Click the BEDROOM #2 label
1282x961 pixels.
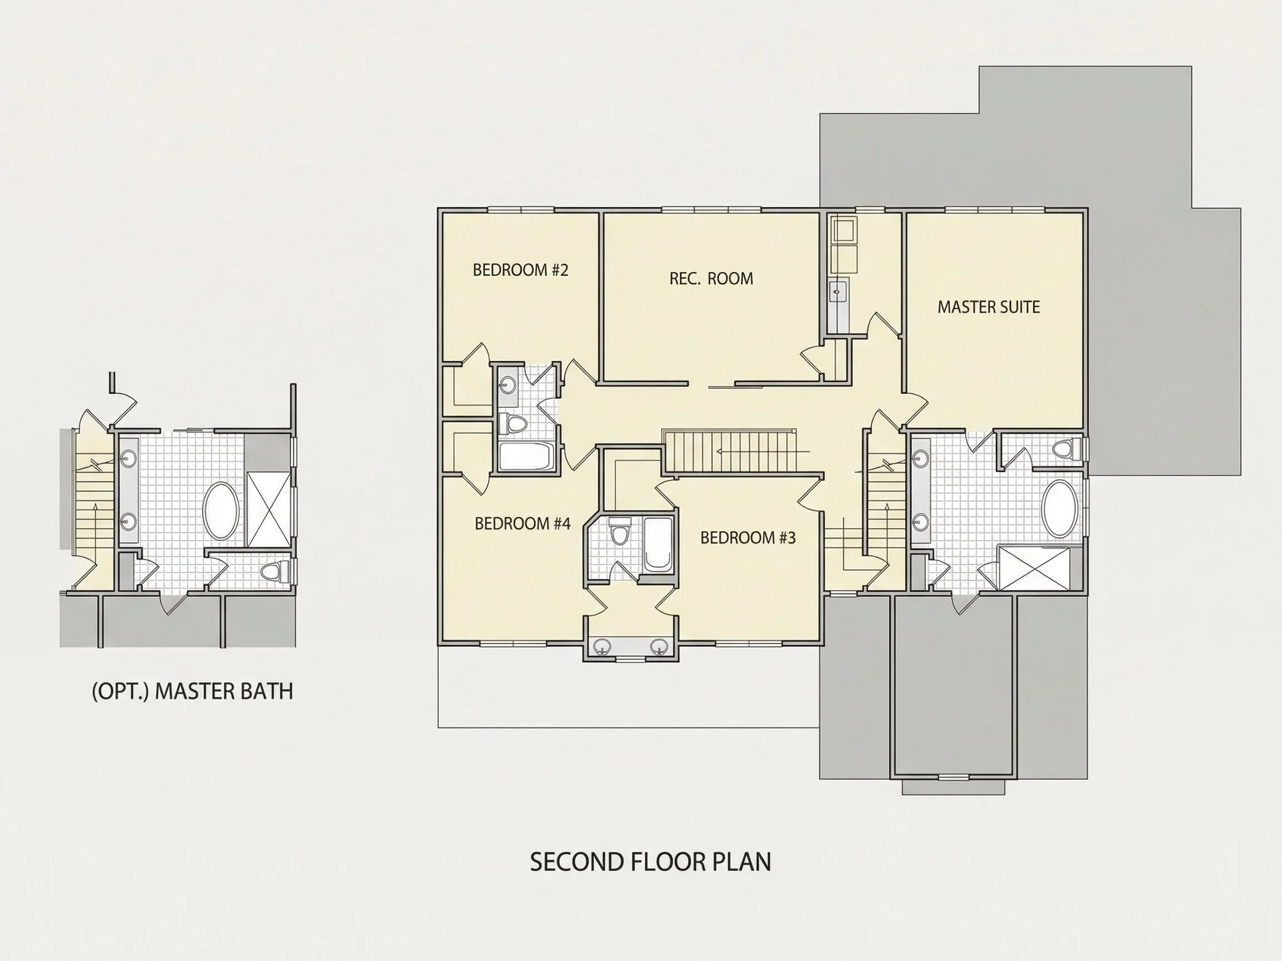[520, 270]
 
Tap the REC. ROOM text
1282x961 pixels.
[711, 279]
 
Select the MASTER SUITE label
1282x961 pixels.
[989, 307]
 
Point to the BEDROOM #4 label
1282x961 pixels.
[522, 524]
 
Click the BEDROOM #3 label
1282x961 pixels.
[748, 538]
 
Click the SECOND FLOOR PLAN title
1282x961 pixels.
[650, 863]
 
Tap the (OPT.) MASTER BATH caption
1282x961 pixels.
[193, 691]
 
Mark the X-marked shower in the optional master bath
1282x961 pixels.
[269, 509]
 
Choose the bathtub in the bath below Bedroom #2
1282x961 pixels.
[526, 457]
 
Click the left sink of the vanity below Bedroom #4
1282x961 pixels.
[603, 646]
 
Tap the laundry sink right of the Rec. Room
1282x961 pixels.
[837, 293]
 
